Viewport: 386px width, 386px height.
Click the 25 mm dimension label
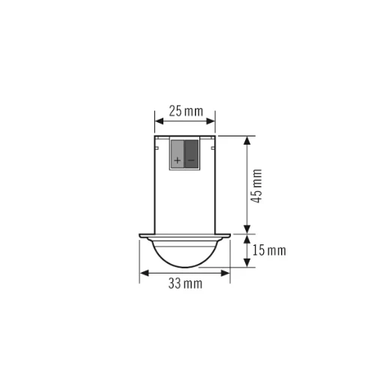[x=185, y=112]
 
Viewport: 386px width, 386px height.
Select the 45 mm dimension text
[x=257, y=186]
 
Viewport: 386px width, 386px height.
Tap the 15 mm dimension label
[x=269, y=250]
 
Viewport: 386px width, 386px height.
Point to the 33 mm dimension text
[x=184, y=283]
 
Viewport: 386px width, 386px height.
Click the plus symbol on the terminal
[x=178, y=160]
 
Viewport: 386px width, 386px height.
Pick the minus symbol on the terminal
[x=191, y=160]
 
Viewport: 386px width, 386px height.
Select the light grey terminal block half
[x=178, y=154]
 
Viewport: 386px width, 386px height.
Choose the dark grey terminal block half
[x=192, y=154]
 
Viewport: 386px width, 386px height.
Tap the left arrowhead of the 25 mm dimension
[x=157, y=120]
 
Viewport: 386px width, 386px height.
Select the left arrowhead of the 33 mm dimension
[x=143, y=274]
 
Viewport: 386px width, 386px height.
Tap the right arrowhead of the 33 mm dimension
[x=226, y=274]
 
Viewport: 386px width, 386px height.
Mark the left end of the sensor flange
[x=140, y=235]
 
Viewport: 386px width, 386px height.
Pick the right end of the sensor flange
[x=229, y=235]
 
